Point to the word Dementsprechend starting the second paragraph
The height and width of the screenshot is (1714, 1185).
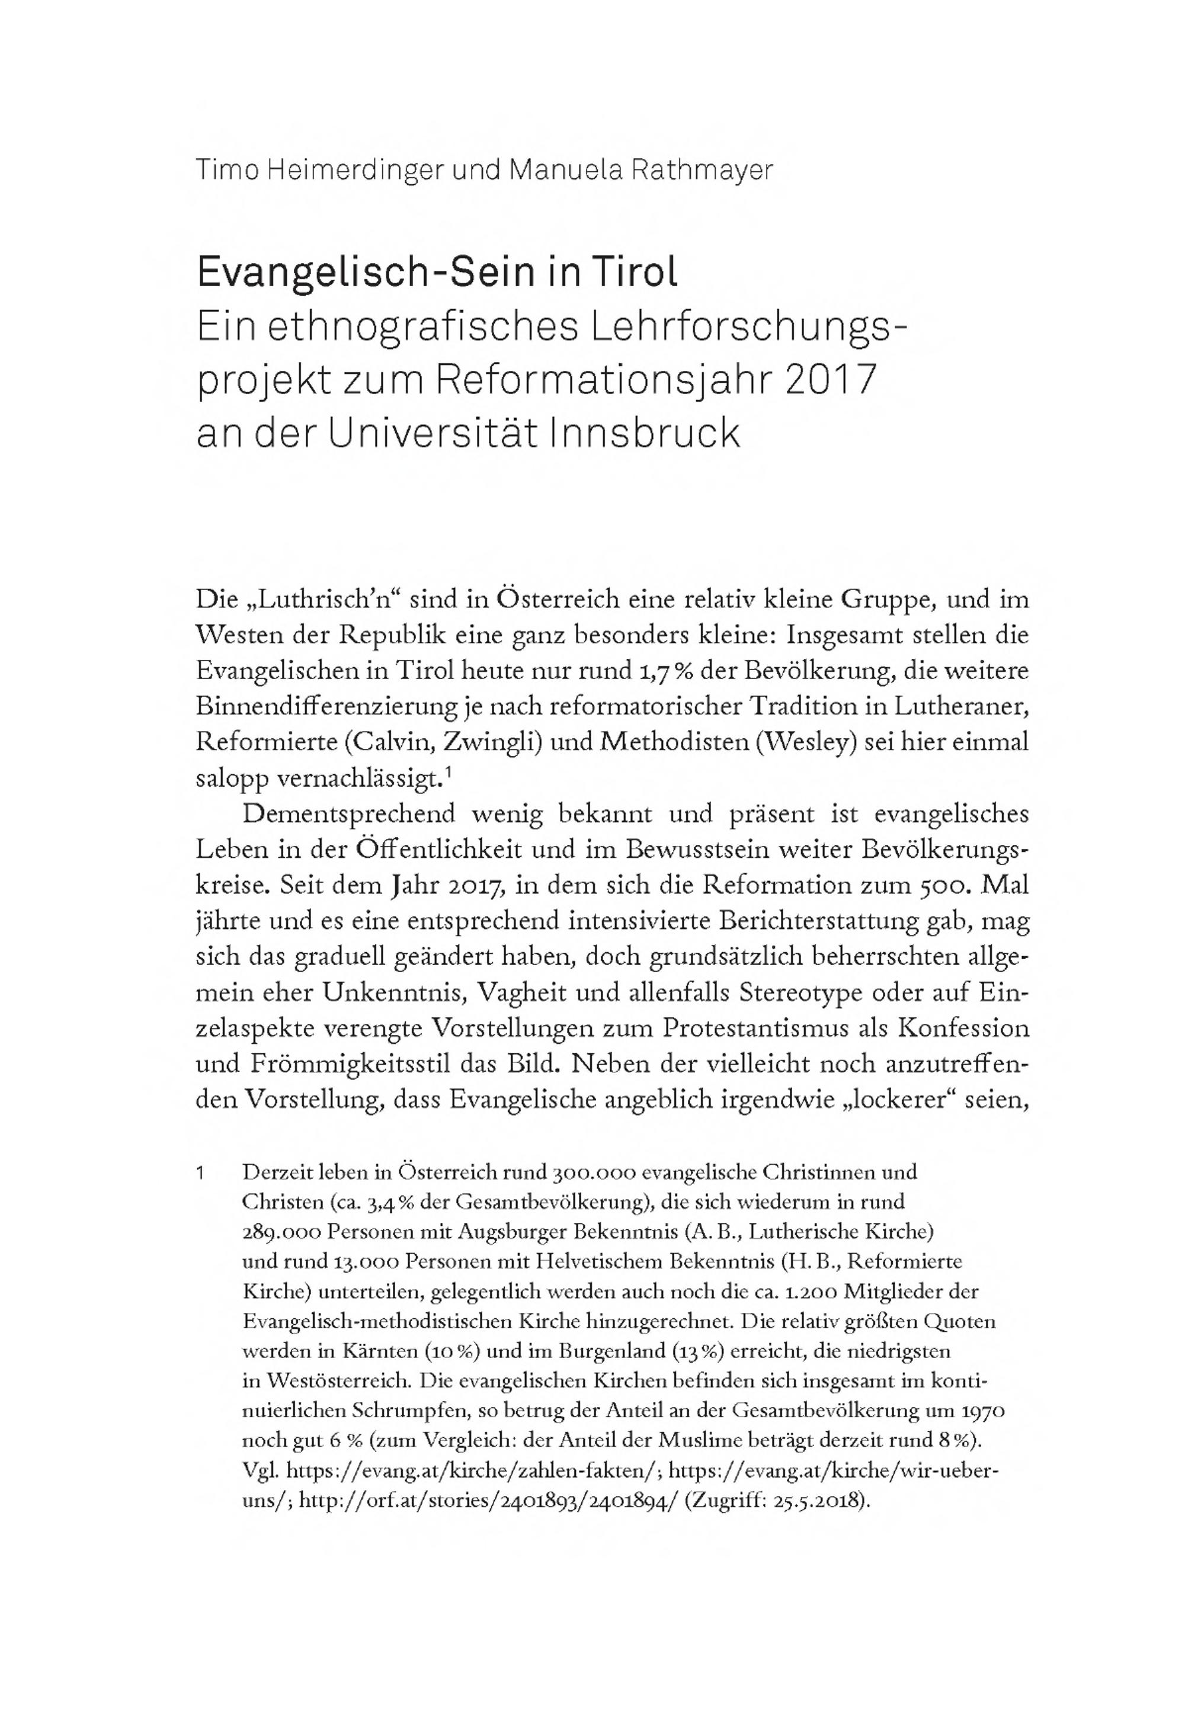click(x=349, y=813)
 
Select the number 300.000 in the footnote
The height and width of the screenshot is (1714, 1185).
click(x=592, y=1173)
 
